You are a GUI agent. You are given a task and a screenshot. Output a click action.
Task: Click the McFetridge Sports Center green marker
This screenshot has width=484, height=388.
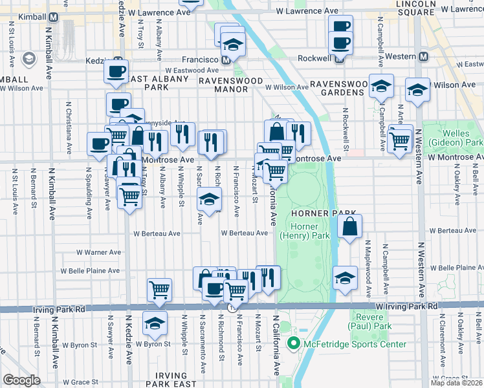292,344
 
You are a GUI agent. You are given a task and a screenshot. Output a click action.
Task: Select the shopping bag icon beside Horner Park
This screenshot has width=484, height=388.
349,227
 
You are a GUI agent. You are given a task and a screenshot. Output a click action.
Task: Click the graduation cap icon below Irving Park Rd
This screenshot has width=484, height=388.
155,323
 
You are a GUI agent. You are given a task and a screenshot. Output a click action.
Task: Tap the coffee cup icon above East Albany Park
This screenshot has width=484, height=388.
116,71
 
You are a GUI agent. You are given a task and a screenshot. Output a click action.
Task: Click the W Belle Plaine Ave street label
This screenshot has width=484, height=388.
90,271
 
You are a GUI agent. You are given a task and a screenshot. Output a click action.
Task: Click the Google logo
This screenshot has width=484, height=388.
21,380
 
